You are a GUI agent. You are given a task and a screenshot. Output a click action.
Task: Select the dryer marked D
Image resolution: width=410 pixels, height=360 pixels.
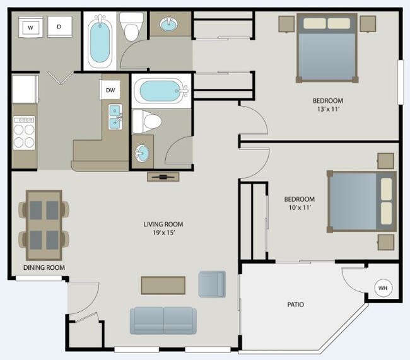tap(59, 26)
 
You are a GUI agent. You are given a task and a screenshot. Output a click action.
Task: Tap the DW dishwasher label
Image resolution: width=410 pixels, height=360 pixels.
tap(110, 90)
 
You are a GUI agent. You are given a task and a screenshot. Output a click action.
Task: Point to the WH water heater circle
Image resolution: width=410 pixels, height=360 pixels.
tap(382, 288)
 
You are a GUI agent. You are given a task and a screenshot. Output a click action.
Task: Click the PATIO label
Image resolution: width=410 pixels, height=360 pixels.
tap(295, 305)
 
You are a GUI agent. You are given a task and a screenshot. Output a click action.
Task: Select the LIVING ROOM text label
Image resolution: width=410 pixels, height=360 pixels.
tap(163, 224)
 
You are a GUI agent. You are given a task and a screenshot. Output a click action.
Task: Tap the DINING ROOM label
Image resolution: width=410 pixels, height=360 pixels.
tap(44, 267)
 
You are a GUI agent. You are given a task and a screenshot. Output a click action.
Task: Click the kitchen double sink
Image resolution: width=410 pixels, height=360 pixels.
tap(115, 116)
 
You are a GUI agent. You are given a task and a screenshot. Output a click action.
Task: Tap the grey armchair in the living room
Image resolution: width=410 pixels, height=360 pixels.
tap(211, 284)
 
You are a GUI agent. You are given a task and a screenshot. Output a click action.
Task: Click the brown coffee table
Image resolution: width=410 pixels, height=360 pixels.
tap(163, 285)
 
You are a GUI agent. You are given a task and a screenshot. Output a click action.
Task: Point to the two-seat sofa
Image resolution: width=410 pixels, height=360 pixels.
tap(164, 320)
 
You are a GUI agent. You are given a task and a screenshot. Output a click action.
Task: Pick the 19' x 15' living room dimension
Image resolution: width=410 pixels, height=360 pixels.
tap(163, 233)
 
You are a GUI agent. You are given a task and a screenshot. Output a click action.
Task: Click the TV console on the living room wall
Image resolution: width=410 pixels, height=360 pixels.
tap(163, 177)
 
